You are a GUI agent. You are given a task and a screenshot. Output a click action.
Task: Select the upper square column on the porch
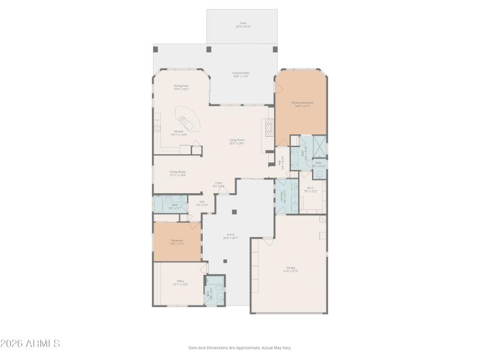coord(234,211)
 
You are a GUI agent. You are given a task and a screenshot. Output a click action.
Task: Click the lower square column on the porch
coord(225,261)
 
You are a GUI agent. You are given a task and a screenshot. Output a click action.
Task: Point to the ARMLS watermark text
coord(30,344)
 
